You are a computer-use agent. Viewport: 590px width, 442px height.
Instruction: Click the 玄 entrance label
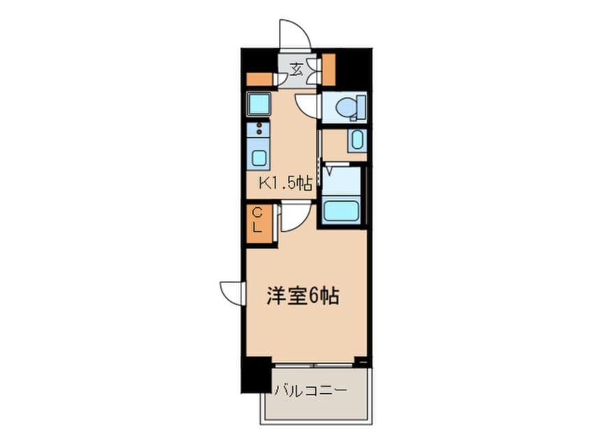pyautogui.click(x=296, y=68)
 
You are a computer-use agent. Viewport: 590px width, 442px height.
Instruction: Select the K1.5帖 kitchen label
pyautogui.click(x=285, y=184)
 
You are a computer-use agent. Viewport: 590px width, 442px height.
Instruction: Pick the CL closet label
pyautogui.click(x=257, y=220)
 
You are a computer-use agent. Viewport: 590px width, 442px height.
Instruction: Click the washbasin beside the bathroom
pyautogui.click(x=356, y=139)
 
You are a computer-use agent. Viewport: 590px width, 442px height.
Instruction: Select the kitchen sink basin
pyautogui.click(x=258, y=157)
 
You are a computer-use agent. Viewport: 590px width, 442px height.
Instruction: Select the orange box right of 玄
pyautogui.click(x=327, y=66)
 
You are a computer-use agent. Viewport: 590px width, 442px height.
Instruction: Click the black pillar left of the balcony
pyautogui.click(x=256, y=376)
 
